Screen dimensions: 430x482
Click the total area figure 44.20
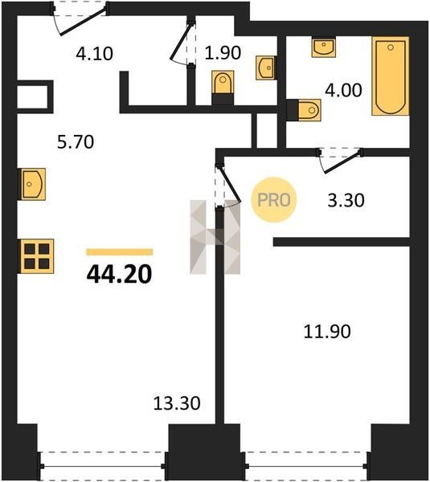tap(119, 274)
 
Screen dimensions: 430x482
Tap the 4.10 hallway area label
tap(95, 54)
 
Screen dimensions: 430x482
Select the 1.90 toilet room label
tap(223, 52)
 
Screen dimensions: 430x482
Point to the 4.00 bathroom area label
tap(343, 90)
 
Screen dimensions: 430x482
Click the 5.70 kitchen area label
tap(76, 142)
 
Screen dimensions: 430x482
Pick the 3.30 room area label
tap(346, 200)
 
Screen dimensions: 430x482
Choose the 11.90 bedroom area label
tap(327, 332)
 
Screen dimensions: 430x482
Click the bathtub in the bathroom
tap(391, 76)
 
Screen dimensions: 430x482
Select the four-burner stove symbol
tap(37, 256)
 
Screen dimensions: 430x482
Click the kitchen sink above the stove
tap(33, 184)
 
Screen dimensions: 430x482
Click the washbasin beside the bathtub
tap(324, 47)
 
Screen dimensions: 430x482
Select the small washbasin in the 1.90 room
tap(265, 67)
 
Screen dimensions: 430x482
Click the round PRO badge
tap(273, 200)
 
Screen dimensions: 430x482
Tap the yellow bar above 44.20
tap(120, 252)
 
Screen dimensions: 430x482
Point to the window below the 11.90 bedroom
tap(307, 466)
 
